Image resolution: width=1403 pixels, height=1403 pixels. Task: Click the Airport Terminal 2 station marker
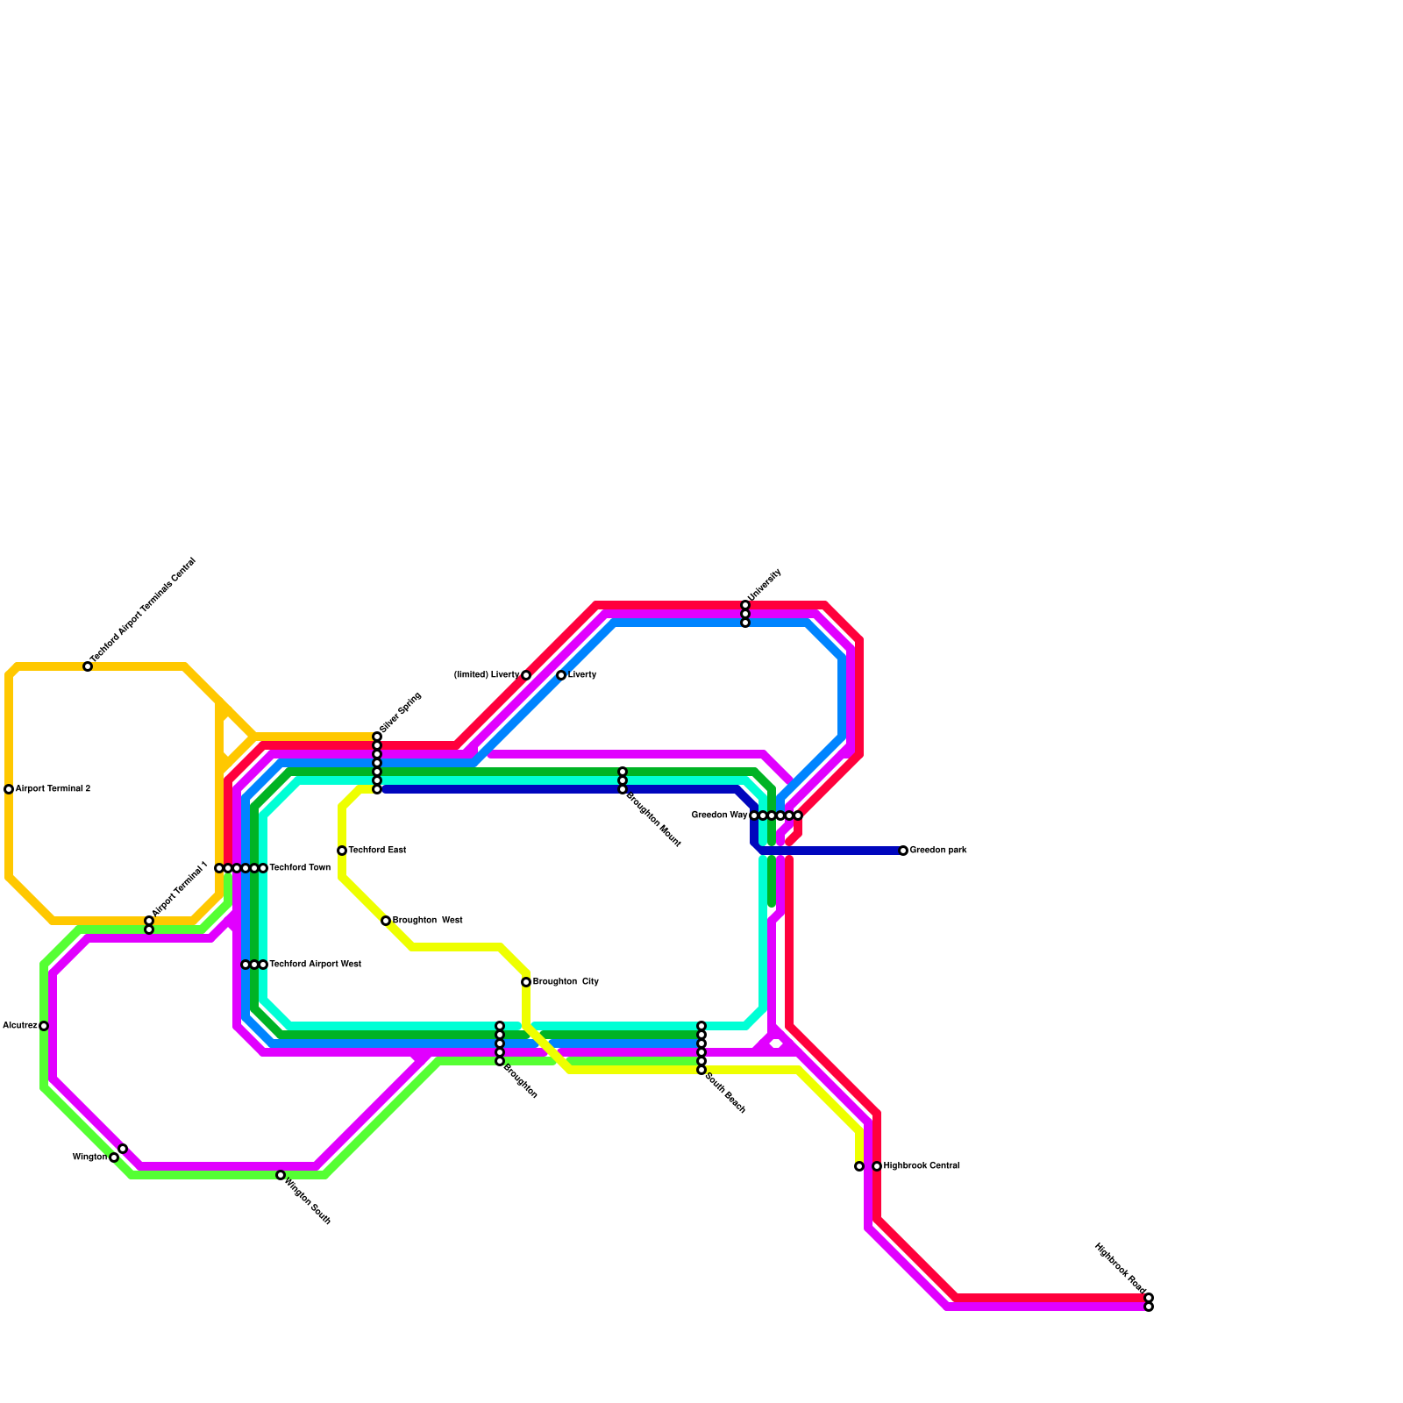pyautogui.click(x=9, y=789)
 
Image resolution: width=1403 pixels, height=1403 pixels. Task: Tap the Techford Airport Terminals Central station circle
pyautogui.click(x=88, y=666)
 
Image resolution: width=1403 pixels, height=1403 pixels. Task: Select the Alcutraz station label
pyautogui.click(x=20, y=1026)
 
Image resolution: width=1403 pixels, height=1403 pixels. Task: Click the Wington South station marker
pyautogui.click(x=281, y=1175)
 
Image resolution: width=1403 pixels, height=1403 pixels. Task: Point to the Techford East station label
pyautogui.click(x=377, y=851)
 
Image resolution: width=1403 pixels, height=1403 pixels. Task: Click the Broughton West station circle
pyautogui.click(x=386, y=921)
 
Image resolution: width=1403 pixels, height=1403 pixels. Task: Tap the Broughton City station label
pyautogui.click(x=566, y=982)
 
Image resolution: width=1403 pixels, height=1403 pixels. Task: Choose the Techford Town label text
pyautogui.click(x=300, y=868)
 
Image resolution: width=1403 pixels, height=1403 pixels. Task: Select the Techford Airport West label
pyautogui.click(x=315, y=965)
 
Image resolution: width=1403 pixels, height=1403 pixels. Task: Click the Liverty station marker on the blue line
pyautogui.click(x=561, y=675)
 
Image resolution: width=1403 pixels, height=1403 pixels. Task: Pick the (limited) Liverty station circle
pyautogui.click(x=526, y=675)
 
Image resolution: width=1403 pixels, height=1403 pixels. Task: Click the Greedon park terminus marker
pyautogui.click(x=903, y=851)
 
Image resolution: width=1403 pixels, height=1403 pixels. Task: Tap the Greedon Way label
pyautogui.click(x=719, y=815)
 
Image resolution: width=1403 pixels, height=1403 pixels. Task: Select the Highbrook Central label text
pyautogui.click(x=922, y=1166)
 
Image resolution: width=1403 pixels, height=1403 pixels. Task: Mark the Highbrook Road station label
pyautogui.click(x=1120, y=1268)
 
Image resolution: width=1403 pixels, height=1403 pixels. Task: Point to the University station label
pyautogui.click(x=764, y=585)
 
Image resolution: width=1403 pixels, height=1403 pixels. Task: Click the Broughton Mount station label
pyautogui.click(x=654, y=819)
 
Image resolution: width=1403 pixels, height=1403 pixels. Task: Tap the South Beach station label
pyautogui.click(x=725, y=1093)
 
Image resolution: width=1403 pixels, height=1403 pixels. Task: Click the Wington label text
pyautogui.click(x=89, y=1157)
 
